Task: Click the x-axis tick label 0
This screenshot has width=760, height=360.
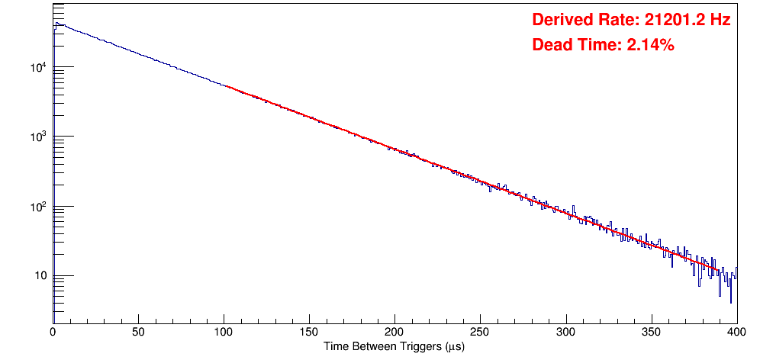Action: tap(53, 332)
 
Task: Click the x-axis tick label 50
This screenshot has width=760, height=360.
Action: tap(138, 332)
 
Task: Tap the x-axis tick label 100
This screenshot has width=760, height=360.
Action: tap(224, 332)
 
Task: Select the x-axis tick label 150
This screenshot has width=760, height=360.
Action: tap(309, 332)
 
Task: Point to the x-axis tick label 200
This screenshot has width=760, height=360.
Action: tap(394, 332)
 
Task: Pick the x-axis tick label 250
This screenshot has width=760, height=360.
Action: tap(480, 332)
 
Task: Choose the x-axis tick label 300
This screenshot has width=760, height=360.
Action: tap(565, 332)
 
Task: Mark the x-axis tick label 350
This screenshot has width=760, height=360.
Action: tap(651, 332)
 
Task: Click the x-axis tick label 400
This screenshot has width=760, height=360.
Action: tap(736, 332)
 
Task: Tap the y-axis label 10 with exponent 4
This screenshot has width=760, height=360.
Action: tap(38, 67)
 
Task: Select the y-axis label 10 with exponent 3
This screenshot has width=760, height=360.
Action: tap(38, 137)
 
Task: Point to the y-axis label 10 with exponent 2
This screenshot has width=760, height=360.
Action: tap(38, 206)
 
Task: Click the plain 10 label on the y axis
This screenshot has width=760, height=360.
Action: tap(40, 276)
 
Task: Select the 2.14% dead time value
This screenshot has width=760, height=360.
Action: tap(650, 45)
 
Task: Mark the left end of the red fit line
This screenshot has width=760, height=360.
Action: tap(224, 85)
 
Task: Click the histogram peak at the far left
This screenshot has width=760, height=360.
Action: tap(56, 23)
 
